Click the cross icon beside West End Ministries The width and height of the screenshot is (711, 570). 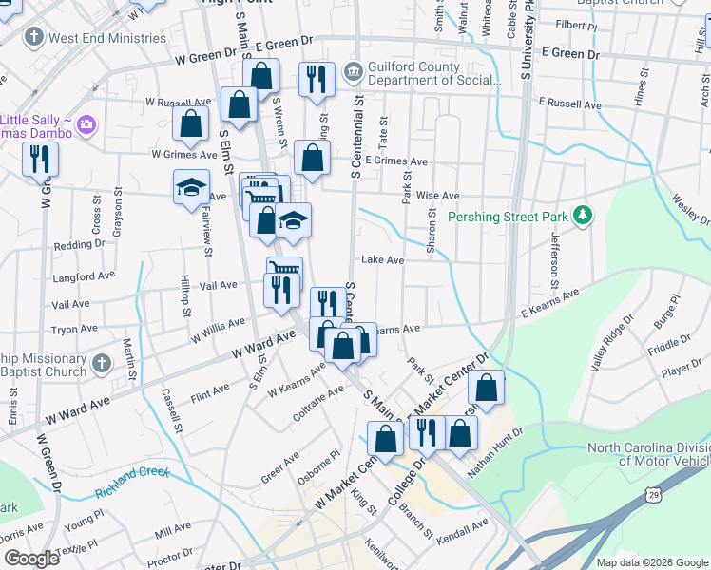pos(34,38)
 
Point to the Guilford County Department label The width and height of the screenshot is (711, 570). pos(434,74)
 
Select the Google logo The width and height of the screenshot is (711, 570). pos(31,559)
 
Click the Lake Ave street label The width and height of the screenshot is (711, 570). pos(382,259)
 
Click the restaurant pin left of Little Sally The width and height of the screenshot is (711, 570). pos(40,159)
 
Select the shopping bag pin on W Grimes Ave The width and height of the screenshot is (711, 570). pos(191,123)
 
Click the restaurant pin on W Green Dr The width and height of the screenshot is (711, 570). pos(317,79)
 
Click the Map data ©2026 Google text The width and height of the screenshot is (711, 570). pos(651,562)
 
